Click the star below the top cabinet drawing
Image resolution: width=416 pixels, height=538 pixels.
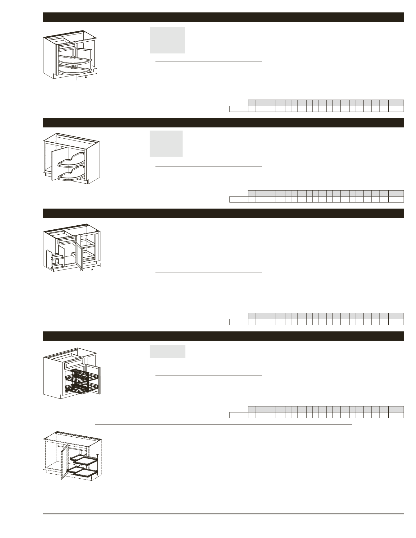click(86, 77)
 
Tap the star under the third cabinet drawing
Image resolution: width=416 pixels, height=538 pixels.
click(92, 270)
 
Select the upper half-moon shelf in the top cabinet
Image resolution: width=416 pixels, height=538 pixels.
click(75, 59)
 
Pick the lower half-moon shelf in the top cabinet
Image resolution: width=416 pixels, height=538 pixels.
click(75, 69)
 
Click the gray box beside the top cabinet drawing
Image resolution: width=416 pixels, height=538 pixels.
click(167, 40)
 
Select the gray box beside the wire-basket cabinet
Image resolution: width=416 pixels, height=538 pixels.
click(167, 352)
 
